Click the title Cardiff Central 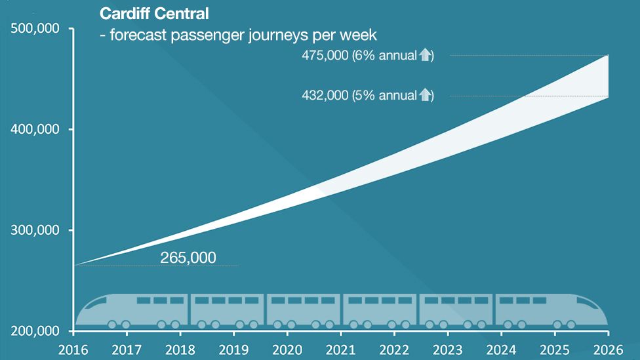point(154,13)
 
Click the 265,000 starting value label point(188,258)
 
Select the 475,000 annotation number point(325,56)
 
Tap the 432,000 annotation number point(325,96)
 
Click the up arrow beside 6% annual point(425,56)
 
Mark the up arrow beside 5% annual point(425,96)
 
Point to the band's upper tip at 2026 point(608,56)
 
